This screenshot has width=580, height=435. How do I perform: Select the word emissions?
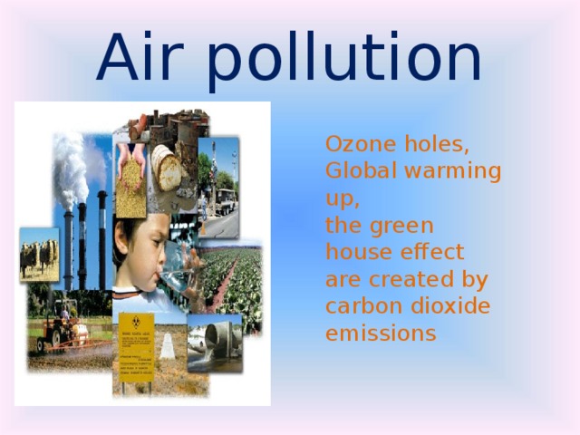point(381,333)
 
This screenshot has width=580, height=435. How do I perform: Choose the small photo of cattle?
point(39,253)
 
